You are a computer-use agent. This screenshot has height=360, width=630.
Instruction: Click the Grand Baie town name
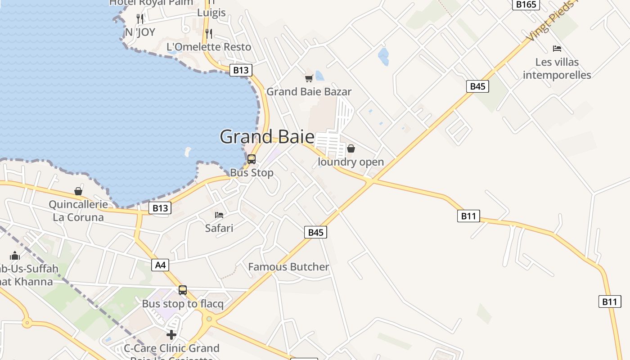click(267, 137)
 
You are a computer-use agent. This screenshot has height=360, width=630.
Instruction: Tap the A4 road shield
click(160, 265)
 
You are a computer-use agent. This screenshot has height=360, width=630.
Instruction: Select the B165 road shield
click(526, 4)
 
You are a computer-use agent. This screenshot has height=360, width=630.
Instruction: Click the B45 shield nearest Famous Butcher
click(315, 232)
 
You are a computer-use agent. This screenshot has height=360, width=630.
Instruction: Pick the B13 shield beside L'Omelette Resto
click(241, 70)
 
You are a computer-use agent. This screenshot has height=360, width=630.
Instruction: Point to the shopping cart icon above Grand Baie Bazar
click(309, 79)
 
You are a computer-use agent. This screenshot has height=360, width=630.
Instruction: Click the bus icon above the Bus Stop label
click(252, 159)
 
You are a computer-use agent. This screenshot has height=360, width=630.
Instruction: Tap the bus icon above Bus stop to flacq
click(183, 290)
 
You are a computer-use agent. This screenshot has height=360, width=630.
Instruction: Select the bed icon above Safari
click(219, 215)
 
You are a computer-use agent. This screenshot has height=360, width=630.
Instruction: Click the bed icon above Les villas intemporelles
click(557, 49)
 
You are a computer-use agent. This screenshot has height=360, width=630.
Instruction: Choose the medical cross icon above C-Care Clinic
click(171, 335)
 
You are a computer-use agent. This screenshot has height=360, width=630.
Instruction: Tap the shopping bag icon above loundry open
click(351, 148)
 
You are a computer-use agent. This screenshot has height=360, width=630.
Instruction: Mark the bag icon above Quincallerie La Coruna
click(78, 191)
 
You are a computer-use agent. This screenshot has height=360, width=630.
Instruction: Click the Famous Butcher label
click(288, 267)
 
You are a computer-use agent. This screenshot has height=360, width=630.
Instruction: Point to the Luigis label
click(211, 13)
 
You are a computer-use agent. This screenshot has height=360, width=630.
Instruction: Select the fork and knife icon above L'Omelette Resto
click(208, 33)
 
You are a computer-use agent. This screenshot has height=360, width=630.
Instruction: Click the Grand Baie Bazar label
click(309, 92)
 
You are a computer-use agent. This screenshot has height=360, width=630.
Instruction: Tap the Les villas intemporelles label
click(557, 68)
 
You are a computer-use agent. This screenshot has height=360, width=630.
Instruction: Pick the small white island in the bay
click(188, 152)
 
